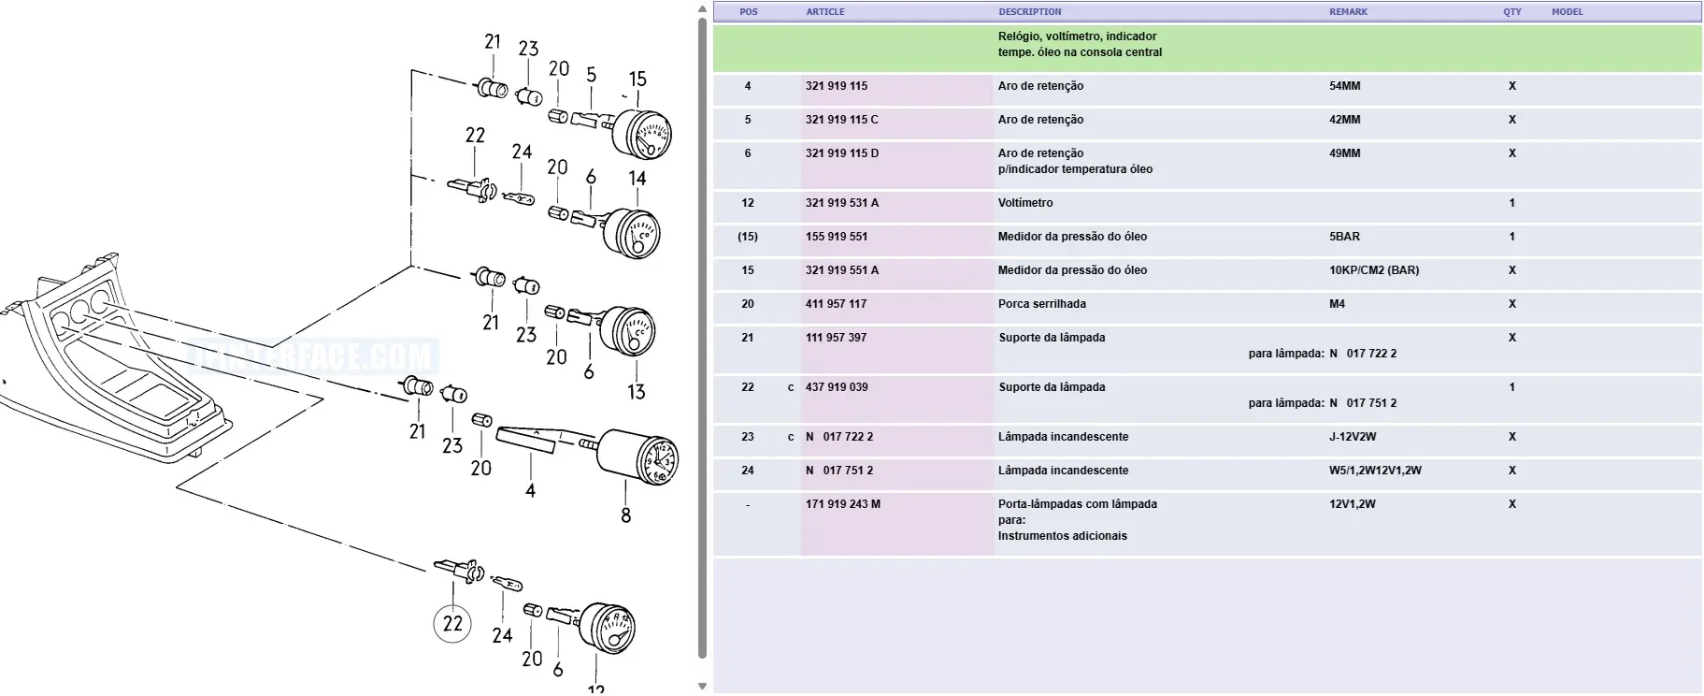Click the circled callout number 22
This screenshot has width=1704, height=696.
(x=453, y=623)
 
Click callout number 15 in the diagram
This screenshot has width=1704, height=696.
(x=637, y=80)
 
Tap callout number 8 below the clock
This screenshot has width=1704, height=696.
(x=626, y=515)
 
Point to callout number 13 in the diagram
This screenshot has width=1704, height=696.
(x=637, y=392)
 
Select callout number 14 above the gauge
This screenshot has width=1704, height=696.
(x=637, y=178)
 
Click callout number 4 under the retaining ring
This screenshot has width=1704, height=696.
(x=530, y=490)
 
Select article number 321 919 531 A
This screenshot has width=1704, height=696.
(x=842, y=203)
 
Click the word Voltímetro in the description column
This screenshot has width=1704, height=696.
(x=1025, y=203)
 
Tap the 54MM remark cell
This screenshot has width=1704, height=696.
(x=1345, y=86)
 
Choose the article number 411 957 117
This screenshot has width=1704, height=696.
(x=837, y=304)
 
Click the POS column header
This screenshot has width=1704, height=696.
(x=749, y=12)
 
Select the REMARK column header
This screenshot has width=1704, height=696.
(x=1348, y=12)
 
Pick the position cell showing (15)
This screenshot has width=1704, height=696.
(x=748, y=237)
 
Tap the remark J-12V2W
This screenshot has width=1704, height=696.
(x=1353, y=437)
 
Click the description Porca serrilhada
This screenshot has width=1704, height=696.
(x=1042, y=304)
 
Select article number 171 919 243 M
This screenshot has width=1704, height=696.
(x=843, y=504)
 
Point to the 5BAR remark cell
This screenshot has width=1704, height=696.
(x=1345, y=237)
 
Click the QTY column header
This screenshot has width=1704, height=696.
(x=1512, y=12)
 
